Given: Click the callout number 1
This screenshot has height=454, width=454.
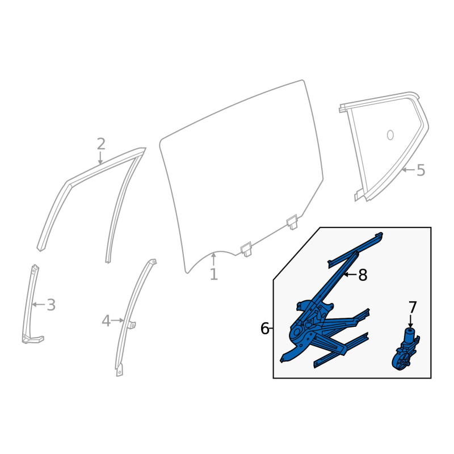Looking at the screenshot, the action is pos(214,274).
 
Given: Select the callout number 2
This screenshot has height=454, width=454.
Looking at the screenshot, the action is pos(101,144).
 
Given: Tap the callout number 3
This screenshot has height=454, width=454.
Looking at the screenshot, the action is pos(51,305).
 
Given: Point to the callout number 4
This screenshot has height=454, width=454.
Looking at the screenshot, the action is pos(106,321).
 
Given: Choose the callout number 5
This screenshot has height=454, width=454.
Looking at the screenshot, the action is pos(421,170).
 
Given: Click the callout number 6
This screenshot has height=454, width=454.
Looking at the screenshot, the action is pos(265,329).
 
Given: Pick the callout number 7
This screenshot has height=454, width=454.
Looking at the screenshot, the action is pos(413,307).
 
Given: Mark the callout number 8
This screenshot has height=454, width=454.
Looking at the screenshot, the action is pos(363,275).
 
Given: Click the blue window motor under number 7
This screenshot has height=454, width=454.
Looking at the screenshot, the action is pos(405,350).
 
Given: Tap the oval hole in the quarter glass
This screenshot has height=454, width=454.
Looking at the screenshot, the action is pos(390,135).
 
